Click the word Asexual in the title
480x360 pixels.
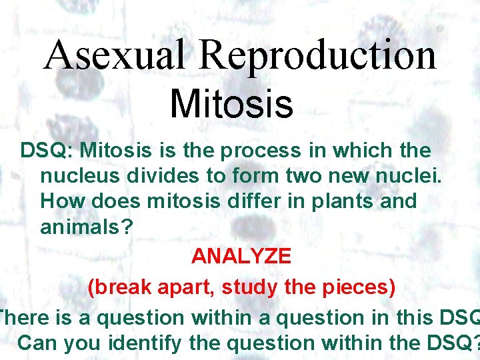112,55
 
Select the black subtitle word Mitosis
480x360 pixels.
231,104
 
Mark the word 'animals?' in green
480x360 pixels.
87,226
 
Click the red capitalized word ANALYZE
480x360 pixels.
241,255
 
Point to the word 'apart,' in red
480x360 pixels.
187,287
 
